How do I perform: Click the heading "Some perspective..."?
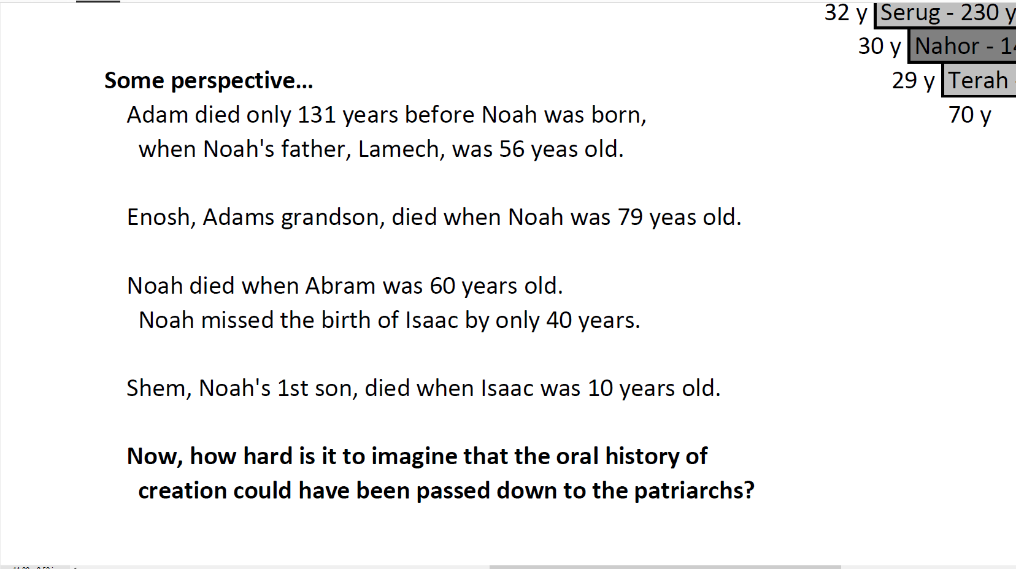tap(209, 81)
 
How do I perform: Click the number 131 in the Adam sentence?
tap(316, 115)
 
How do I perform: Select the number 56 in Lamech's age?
tap(512, 149)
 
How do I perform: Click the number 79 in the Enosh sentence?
tap(630, 217)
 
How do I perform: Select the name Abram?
tap(341, 286)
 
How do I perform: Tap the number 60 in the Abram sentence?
tap(442, 286)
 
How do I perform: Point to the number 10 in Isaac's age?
tap(601, 389)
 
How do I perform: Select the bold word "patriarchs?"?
tap(694, 491)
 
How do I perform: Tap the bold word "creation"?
tap(183, 491)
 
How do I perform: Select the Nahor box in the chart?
tap(962, 46)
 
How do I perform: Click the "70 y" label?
tap(970, 115)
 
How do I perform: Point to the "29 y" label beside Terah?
tap(914, 81)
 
